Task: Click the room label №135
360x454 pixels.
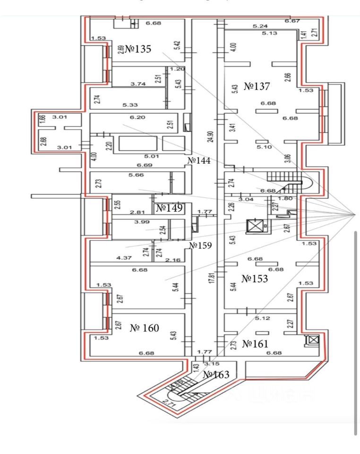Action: tap(138, 50)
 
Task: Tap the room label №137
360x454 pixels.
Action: tap(257, 87)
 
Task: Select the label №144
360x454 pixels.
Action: tap(198, 161)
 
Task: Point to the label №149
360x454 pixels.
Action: tap(169, 208)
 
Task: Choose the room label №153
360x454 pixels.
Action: tap(255, 279)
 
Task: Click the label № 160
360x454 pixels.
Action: tap(145, 328)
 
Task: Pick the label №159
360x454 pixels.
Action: tap(200, 245)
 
